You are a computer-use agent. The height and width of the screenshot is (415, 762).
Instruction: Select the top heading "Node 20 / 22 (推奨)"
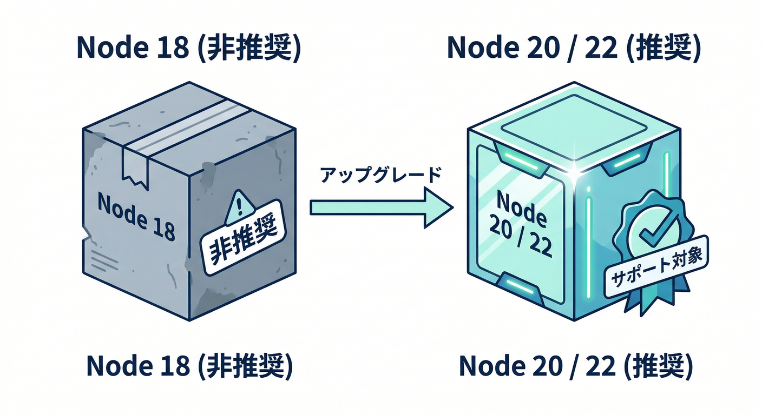tap(574, 48)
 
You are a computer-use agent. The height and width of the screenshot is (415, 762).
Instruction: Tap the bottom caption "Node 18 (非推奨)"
tap(189, 366)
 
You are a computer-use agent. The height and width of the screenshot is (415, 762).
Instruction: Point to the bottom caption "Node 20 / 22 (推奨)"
tap(576, 366)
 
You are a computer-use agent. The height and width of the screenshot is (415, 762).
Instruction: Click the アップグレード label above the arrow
tap(381, 176)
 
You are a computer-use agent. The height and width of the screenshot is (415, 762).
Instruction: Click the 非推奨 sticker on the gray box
tap(243, 238)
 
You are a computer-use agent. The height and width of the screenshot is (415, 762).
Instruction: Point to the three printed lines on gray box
tap(102, 261)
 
